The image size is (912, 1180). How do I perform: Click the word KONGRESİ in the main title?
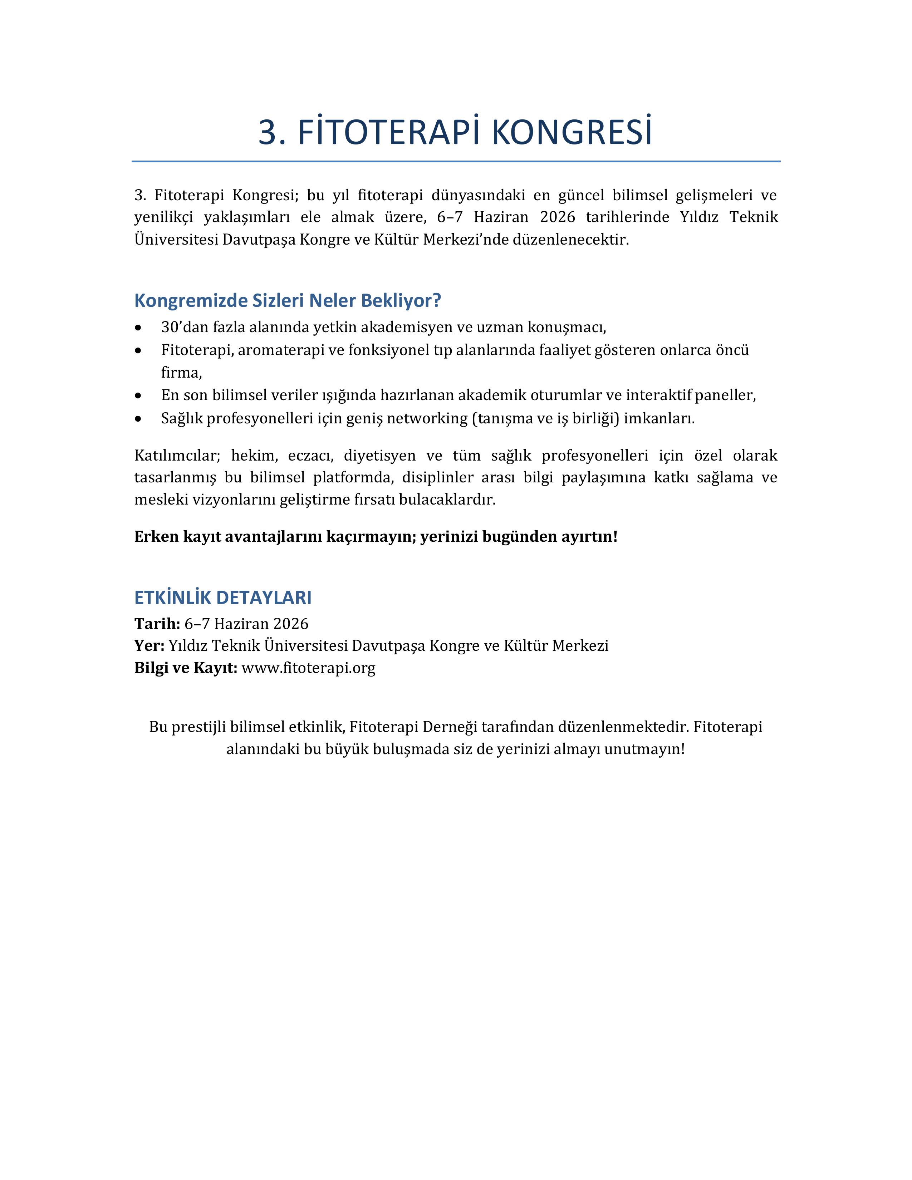click(x=572, y=132)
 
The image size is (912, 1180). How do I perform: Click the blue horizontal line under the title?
click(x=456, y=161)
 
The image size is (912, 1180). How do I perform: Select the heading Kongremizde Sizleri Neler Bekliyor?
click(x=288, y=300)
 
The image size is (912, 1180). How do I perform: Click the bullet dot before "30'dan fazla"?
click(x=139, y=328)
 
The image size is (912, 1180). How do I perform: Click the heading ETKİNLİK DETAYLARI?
click(x=222, y=598)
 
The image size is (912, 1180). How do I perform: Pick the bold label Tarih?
click(x=157, y=624)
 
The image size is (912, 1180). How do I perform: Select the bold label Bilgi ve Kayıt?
click(x=185, y=668)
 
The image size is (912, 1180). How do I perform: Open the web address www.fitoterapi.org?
click(x=309, y=668)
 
